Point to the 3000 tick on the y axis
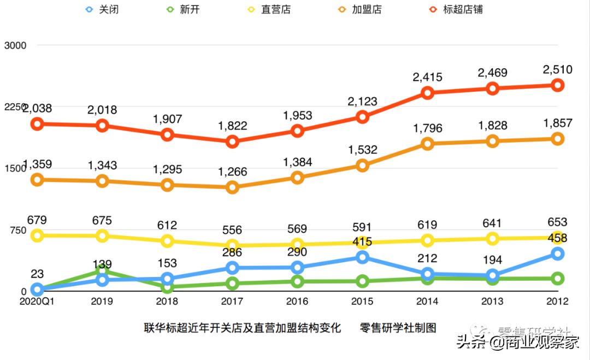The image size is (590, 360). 15,45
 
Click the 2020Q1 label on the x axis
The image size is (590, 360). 37,301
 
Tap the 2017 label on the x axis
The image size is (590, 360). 232,301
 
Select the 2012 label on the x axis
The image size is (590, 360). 557,301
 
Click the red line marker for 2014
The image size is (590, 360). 427,93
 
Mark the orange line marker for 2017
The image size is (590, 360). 232,187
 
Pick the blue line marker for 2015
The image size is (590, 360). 362,257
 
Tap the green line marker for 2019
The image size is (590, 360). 102,270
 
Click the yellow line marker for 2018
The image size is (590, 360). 167,241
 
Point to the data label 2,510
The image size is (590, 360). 557,69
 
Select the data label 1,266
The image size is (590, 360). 232,172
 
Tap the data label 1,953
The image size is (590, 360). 297,115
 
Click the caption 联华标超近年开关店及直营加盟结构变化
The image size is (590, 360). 243,328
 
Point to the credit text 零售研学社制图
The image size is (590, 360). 398,328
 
